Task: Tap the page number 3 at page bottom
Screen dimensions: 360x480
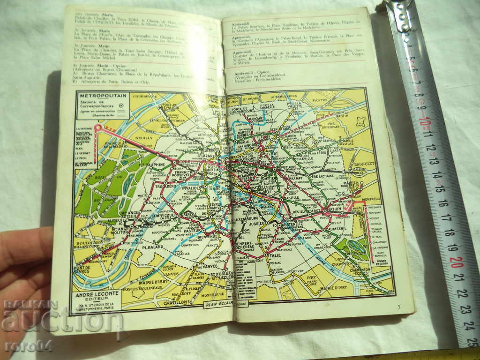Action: pyautogui.click(x=398, y=307)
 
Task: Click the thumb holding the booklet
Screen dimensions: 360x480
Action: pyautogui.click(x=26, y=246)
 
